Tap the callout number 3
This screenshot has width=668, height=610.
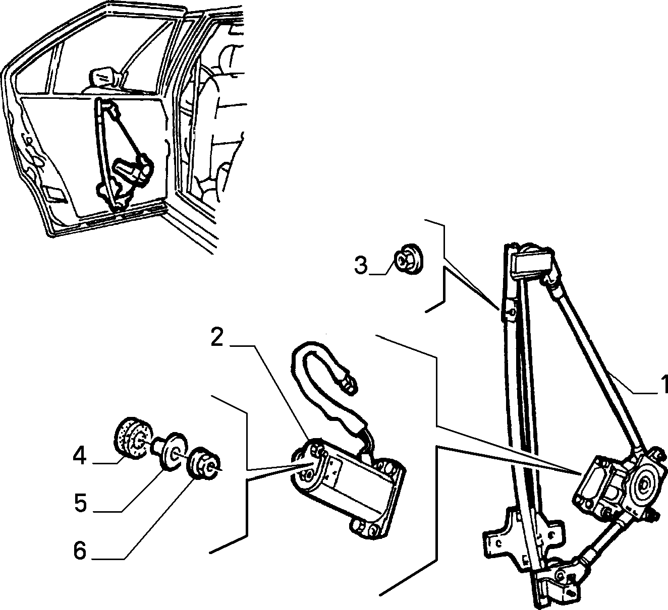point(361,266)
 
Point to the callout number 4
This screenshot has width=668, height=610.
point(80,456)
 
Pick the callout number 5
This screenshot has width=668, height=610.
point(80,503)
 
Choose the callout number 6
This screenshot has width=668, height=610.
point(80,551)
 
